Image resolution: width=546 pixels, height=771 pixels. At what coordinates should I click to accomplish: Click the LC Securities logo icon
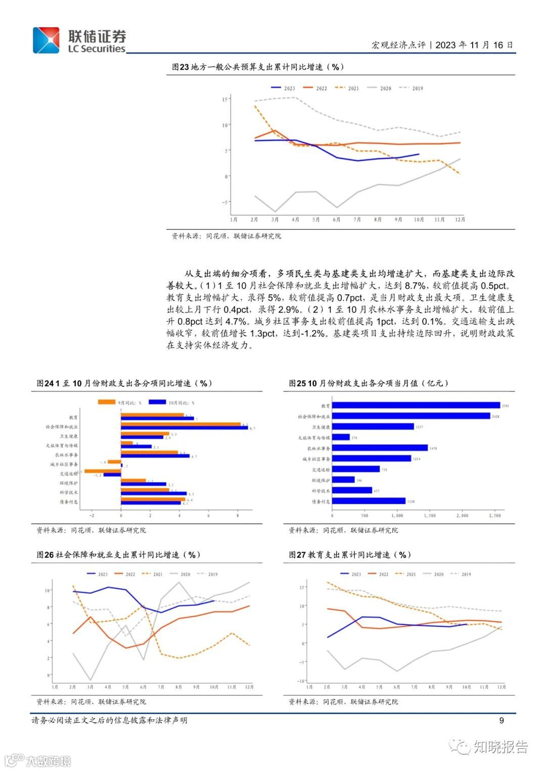click(x=46, y=40)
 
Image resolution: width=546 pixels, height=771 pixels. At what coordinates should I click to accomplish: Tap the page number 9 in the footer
click(x=502, y=721)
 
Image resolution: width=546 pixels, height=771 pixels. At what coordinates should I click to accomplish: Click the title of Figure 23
click(x=258, y=67)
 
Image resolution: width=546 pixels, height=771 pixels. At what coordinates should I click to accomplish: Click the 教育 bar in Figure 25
click(x=416, y=405)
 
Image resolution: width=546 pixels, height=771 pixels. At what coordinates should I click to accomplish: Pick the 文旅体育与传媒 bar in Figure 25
click(x=341, y=437)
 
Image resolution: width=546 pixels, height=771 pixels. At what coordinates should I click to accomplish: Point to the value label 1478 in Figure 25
click(x=433, y=448)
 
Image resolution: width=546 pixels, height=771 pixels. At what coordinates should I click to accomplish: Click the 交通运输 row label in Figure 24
click(x=68, y=474)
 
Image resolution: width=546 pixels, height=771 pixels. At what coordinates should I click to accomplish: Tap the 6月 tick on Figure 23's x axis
click(x=337, y=220)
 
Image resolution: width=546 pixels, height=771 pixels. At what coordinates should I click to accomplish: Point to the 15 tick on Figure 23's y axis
click(x=224, y=99)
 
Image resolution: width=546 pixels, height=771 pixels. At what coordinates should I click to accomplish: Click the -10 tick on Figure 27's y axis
click(x=301, y=681)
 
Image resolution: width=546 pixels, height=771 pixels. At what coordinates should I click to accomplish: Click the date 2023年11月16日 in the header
click(x=474, y=45)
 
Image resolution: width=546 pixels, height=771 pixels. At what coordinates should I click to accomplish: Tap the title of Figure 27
click(x=349, y=555)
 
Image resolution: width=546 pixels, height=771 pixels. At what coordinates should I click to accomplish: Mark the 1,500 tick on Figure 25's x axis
click(x=430, y=516)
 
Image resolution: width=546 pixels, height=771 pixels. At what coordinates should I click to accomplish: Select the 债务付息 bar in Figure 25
click(x=369, y=501)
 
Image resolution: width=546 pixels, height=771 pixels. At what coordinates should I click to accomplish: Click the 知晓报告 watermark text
click(x=500, y=747)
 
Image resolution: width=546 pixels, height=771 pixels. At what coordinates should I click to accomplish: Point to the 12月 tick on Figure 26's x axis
click(x=249, y=687)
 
